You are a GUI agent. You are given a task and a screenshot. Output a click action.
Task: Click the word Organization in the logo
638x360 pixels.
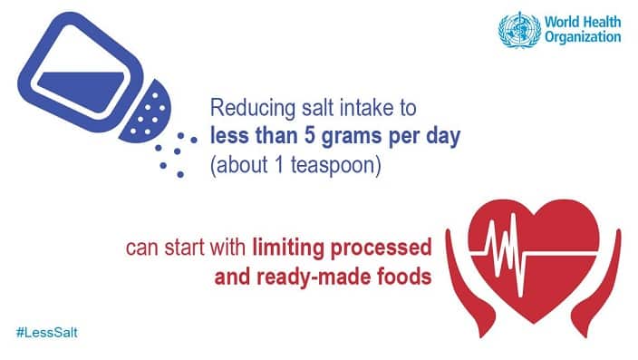point(584,37)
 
